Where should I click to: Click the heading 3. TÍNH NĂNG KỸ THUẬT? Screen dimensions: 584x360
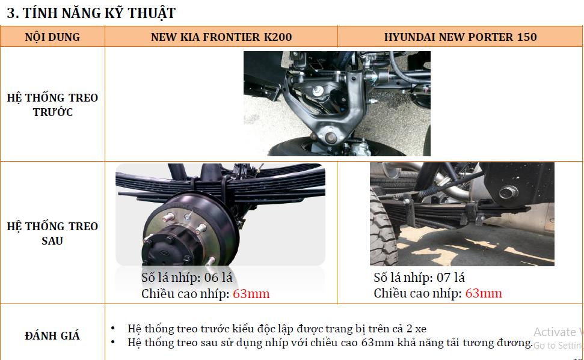point(91,13)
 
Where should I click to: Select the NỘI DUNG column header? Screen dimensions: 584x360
point(52,37)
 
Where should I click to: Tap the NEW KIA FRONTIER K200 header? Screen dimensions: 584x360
point(221,37)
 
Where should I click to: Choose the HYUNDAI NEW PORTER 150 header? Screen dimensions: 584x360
point(460,37)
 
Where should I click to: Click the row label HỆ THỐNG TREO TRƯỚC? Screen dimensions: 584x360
point(52,105)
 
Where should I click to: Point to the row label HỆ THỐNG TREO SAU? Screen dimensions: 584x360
point(52,233)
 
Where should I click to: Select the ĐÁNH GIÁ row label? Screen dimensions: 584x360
point(52,336)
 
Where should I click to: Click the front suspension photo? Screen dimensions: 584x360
point(337,103)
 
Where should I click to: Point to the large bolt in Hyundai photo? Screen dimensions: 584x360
point(508,192)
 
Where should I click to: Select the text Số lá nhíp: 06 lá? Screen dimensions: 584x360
point(186,278)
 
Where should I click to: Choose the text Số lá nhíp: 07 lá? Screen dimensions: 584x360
point(419,278)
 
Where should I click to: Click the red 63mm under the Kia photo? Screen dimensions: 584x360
point(251,294)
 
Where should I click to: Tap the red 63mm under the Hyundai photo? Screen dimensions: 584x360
point(484,293)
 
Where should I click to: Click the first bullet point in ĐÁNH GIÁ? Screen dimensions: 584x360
point(277,329)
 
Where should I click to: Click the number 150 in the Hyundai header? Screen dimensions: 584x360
point(527,37)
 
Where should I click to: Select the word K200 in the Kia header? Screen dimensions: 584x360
point(278,37)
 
